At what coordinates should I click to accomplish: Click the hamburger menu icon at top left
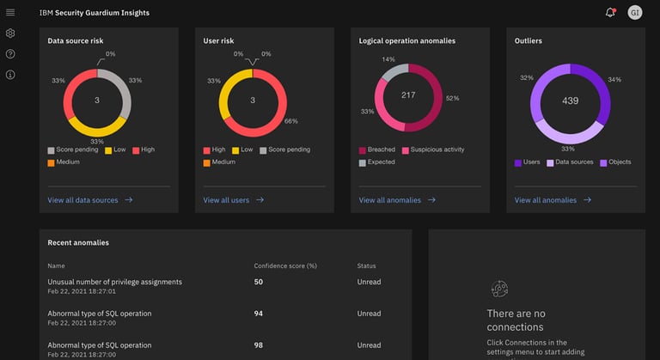[x=10, y=12]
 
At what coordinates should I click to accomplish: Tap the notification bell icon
[x=610, y=12]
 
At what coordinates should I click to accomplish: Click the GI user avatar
[x=635, y=12]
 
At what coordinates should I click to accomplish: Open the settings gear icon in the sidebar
[x=10, y=34]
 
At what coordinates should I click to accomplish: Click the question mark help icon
[x=10, y=54]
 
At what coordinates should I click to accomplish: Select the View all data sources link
[x=82, y=200]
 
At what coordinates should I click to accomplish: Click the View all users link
[x=226, y=200]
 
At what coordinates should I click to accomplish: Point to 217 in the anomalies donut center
[x=408, y=95]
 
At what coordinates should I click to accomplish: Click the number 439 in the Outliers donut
[x=570, y=101]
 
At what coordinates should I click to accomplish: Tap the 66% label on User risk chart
[x=290, y=121]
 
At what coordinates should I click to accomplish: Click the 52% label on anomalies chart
[x=452, y=98]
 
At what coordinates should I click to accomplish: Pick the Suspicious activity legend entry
[x=437, y=149]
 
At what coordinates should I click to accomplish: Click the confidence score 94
[x=259, y=314]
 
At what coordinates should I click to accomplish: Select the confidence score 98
[x=259, y=345]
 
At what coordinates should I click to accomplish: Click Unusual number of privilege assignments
[x=114, y=282]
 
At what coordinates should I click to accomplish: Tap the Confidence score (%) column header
[x=285, y=265]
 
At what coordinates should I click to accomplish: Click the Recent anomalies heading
[x=78, y=242]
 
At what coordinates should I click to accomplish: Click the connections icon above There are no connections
[x=498, y=290]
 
